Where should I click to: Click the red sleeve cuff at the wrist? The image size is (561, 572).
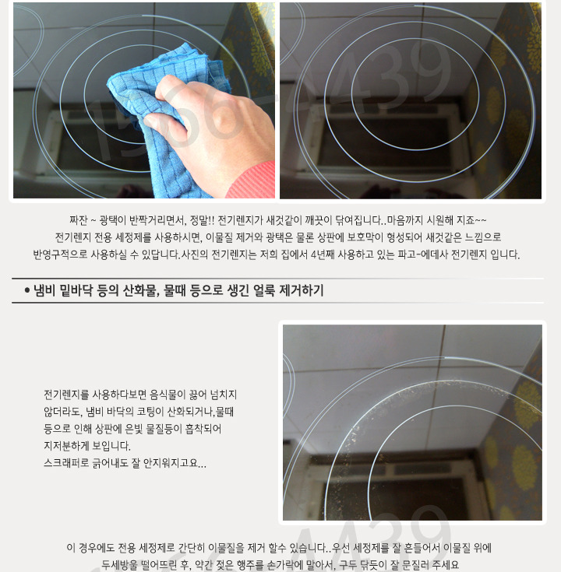tap(252, 181)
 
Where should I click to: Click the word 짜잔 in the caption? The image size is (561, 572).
tap(78, 220)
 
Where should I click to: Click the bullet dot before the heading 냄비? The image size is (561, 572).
tap(26, 291)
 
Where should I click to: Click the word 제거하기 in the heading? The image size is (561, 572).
tap(302, 291)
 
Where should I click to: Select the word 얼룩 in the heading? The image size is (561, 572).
tap(263, 291)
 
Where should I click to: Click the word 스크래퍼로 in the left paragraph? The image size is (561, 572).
tap(66, 463)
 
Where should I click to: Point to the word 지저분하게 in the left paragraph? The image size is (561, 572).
tap(66, 446)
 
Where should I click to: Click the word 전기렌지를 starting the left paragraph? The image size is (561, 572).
tap(66, 395)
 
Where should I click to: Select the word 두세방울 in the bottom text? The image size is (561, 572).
tap(119, 565)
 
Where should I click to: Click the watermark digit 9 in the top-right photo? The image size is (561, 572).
tap(432, 73)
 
